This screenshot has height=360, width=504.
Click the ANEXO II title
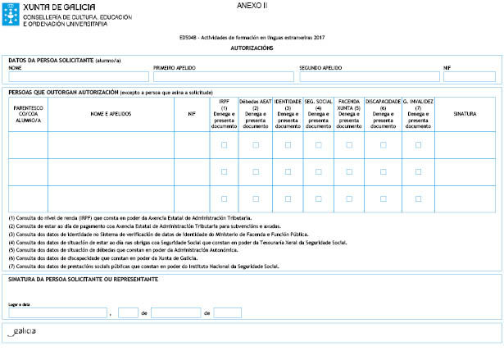coord(252,6)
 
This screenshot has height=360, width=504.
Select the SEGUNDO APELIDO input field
coord(370,77)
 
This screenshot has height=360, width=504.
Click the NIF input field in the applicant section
coord(470,77)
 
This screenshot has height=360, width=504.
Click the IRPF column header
coord(224,114)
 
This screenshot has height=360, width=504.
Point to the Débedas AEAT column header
coord(255,114)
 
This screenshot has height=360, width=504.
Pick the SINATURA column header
coord(465,114)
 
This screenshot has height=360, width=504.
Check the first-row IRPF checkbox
coord(224,145)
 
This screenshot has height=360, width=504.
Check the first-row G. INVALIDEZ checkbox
coord(418,145)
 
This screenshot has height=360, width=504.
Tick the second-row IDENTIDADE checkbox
coord(287,172)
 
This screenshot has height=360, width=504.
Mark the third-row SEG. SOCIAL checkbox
coord(318,198)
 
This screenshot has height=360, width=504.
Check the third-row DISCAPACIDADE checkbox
coord(383,198)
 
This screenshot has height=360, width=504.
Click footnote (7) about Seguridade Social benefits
coord(144,267)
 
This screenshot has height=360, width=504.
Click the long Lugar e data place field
coord(57,312)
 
